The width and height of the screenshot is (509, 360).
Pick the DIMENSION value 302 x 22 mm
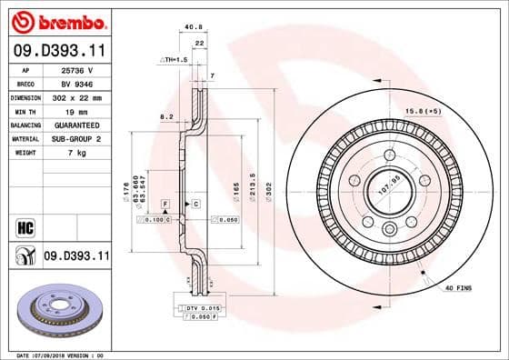[x=75, y=95]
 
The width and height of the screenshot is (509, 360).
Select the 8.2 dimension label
[x=166, y=117]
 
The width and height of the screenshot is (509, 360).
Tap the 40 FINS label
[x=458, y=288]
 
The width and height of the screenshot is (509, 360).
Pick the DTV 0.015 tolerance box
[x=202, y=308]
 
